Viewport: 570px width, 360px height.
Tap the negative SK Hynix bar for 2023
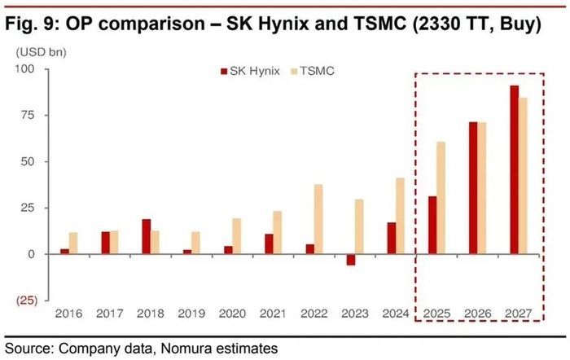point(351,260)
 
